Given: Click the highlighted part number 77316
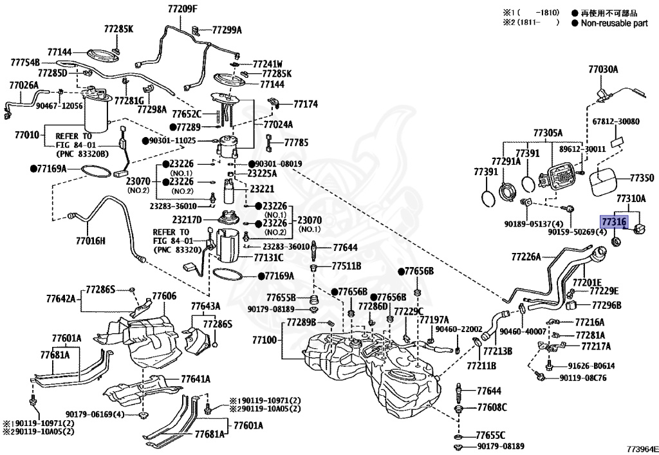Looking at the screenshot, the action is [614, 221].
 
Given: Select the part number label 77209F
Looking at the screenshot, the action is [182, 8].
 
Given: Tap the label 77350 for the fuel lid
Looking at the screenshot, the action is [642, 178].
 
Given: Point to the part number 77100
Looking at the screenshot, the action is [265, 340].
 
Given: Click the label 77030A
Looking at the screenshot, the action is [603, 70].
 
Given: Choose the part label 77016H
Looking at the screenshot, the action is [90, 241].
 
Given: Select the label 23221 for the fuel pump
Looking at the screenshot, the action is [262, 189].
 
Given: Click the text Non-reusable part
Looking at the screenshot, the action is [615, 24].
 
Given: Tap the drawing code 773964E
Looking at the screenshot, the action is [642, 449].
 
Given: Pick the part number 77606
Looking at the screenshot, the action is [164, 296].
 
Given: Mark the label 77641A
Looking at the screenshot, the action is [196, 379].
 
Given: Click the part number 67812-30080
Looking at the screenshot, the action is [616, 122].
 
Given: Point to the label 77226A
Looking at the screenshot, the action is [526, 256].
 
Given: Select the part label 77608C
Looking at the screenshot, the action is [492, 407].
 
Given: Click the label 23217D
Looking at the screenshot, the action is [187, 219].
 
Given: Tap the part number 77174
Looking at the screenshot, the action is [306, 104].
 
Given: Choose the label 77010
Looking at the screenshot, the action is [27, 135].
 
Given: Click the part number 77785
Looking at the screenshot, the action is [296, 143].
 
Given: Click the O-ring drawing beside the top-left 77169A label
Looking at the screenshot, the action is [95, 171].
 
